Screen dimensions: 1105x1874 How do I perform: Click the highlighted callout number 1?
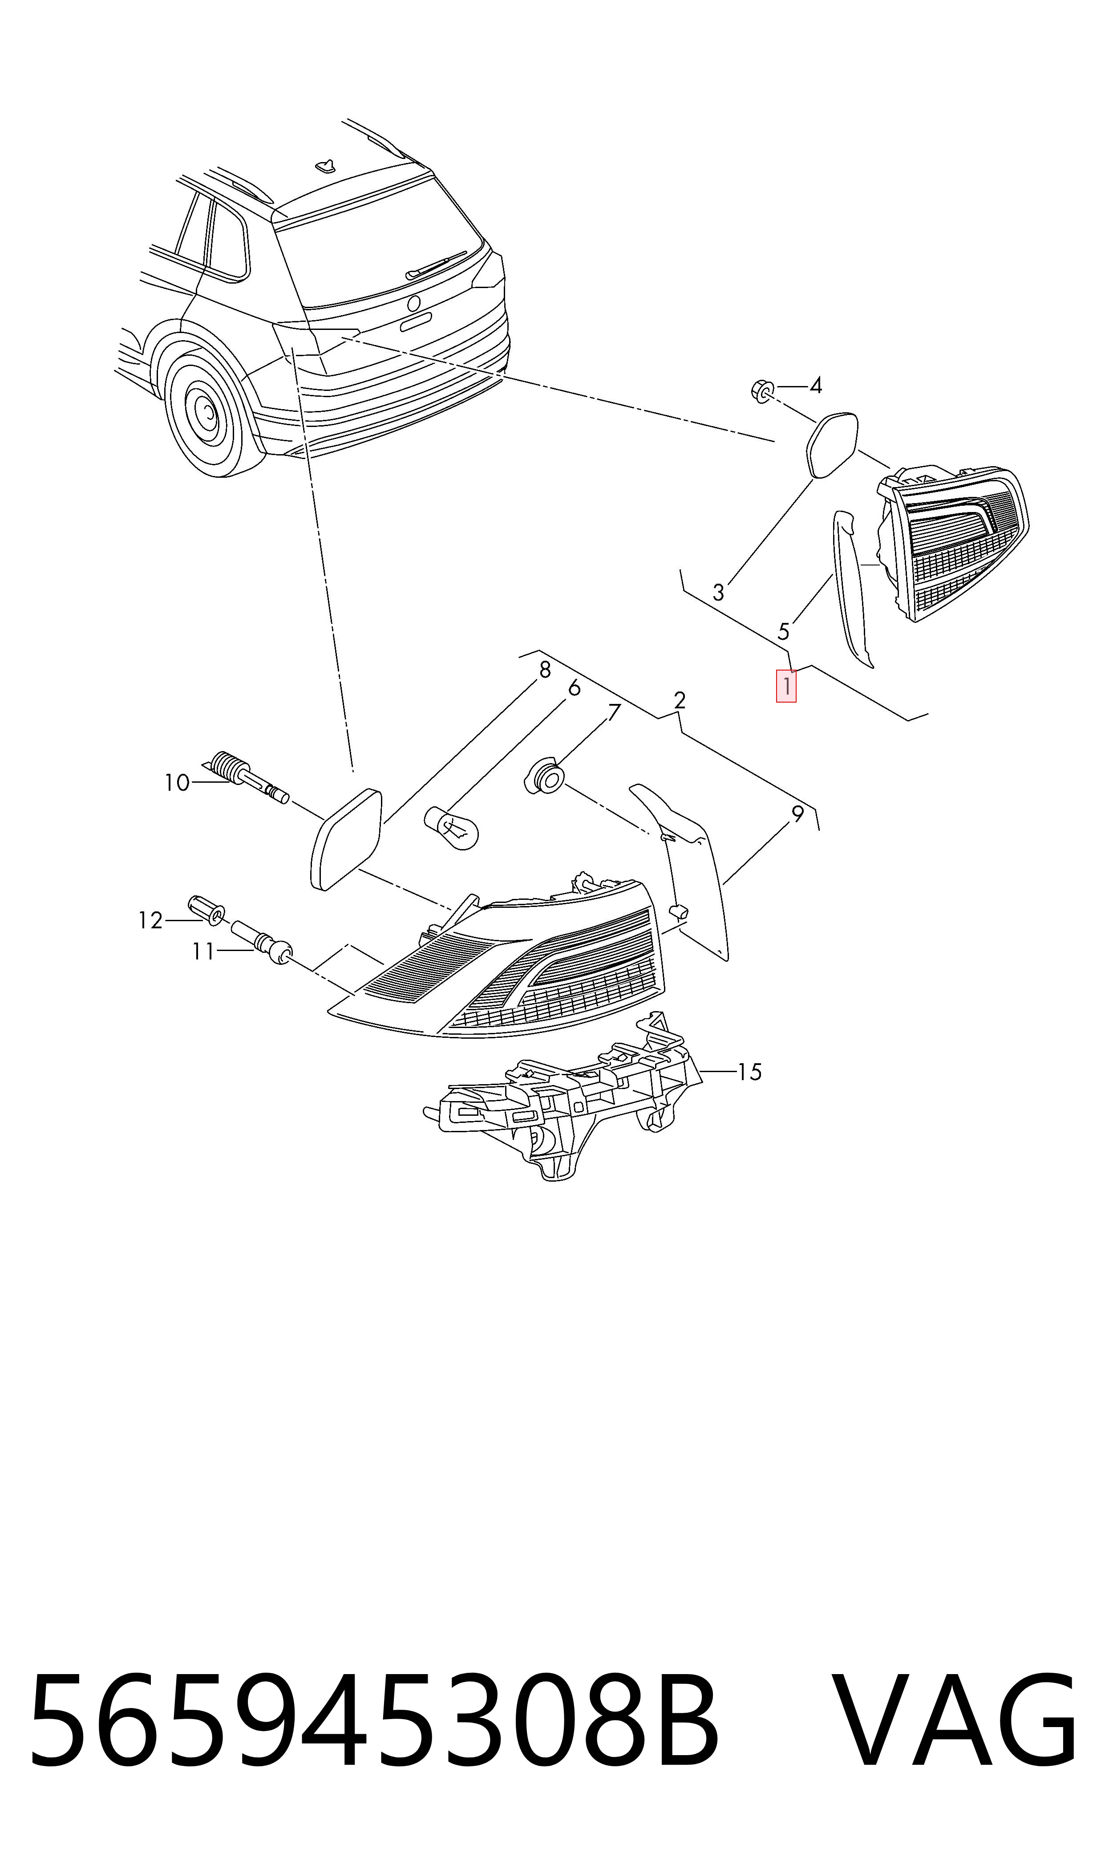click(786, 686)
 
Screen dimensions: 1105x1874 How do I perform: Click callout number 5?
click(783, 632)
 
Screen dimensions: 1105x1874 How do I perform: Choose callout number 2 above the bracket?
click(679, 701)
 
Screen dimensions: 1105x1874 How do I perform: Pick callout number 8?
click(545, 671)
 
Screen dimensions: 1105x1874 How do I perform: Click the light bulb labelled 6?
click(451, 829)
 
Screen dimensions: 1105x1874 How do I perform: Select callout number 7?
click(614, 713)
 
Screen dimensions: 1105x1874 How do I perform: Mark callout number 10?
click(177, 783)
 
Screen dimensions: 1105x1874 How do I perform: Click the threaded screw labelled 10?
click(245, 777)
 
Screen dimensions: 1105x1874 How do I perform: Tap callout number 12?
click(150, 921)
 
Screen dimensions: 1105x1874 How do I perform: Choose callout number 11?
click(203, 952)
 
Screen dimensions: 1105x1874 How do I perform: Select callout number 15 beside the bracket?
click(749, 1072)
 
